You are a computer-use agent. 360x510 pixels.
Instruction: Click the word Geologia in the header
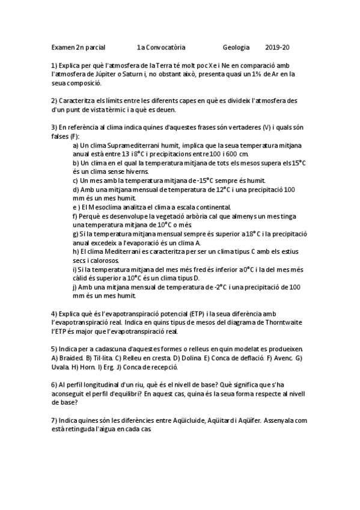(x=236, y=47)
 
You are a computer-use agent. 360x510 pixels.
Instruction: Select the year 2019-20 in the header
(x=277, y=47)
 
